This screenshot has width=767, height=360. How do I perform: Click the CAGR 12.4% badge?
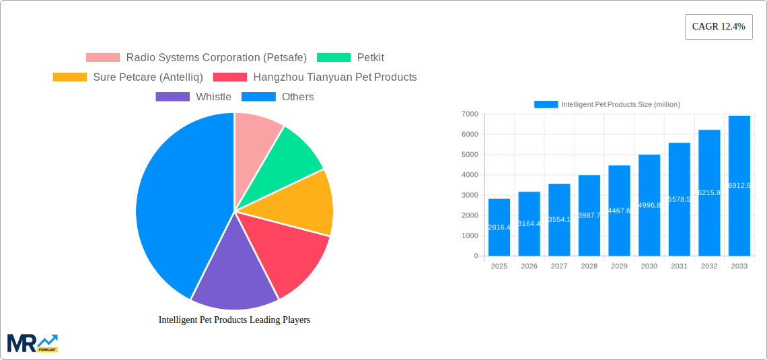[718, 27]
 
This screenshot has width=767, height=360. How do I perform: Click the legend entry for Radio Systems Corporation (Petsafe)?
[196, 58]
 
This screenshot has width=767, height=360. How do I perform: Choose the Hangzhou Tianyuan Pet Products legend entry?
[315, 77]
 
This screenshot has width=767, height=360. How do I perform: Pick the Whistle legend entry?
[194, 97]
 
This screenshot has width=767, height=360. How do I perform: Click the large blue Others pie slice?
[175, 202]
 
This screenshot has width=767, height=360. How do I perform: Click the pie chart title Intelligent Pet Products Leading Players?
[234, 320]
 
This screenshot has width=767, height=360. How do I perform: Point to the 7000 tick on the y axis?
[470, 114]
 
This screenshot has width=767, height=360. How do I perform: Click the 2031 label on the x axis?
[679, 266]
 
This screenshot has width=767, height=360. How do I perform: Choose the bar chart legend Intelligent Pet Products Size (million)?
[607, 104]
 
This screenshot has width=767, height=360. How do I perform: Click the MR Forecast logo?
[32, 343]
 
